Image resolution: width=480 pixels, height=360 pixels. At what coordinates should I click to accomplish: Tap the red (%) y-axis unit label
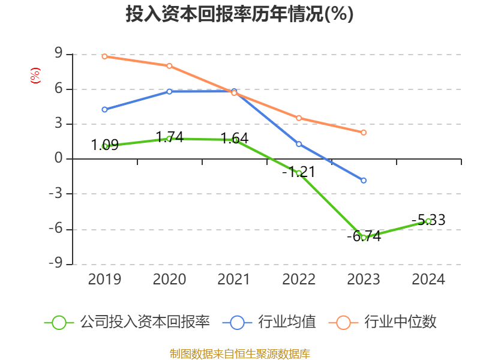tap(35, 76)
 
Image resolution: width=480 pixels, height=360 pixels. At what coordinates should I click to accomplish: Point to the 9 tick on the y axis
tap(59, 54)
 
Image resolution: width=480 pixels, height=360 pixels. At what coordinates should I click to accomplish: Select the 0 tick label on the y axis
tap(59, 159)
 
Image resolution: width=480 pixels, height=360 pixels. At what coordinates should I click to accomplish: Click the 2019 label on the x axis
tap(104, 280)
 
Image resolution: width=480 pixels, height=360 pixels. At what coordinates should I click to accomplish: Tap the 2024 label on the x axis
tap(428, 280)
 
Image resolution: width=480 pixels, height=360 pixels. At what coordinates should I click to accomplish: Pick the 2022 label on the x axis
tap(299, 280)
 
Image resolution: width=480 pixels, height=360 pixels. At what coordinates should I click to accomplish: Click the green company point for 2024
tap(428, 221)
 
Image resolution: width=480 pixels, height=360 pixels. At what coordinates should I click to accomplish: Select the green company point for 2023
tap(364, 238)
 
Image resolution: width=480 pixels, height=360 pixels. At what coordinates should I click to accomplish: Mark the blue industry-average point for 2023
tap(364, 180)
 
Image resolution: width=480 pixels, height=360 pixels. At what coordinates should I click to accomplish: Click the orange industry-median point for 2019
tap(104, 56)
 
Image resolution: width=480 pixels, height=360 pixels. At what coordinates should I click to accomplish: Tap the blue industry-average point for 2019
tap(104, 109)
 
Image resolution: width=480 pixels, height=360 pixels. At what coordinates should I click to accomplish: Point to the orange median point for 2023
tap(364, 132)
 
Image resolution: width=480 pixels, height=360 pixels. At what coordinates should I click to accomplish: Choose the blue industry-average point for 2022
tap(299, 144)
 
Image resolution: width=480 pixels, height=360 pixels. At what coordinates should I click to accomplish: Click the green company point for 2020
tap(169, 139)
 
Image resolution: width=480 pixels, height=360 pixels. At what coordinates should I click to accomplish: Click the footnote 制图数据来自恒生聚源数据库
tap(239, 353)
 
